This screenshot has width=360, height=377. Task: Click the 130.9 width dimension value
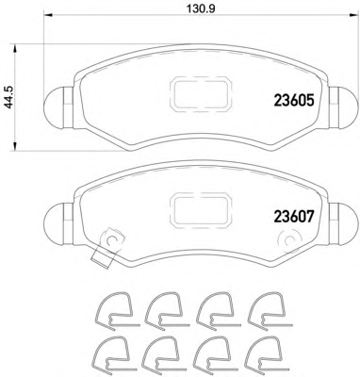pyautogui.click(x=201, y=8)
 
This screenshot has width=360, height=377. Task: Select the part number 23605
pyautogui.click(x=294, y=101)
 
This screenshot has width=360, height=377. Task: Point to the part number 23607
pyautogui.click(x=294, y=217)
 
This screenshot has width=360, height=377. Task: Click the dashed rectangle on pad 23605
pyautogui.click(x=201, y=94)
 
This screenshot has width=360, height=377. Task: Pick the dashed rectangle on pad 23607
pyautogui.click(x=201, y=209)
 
